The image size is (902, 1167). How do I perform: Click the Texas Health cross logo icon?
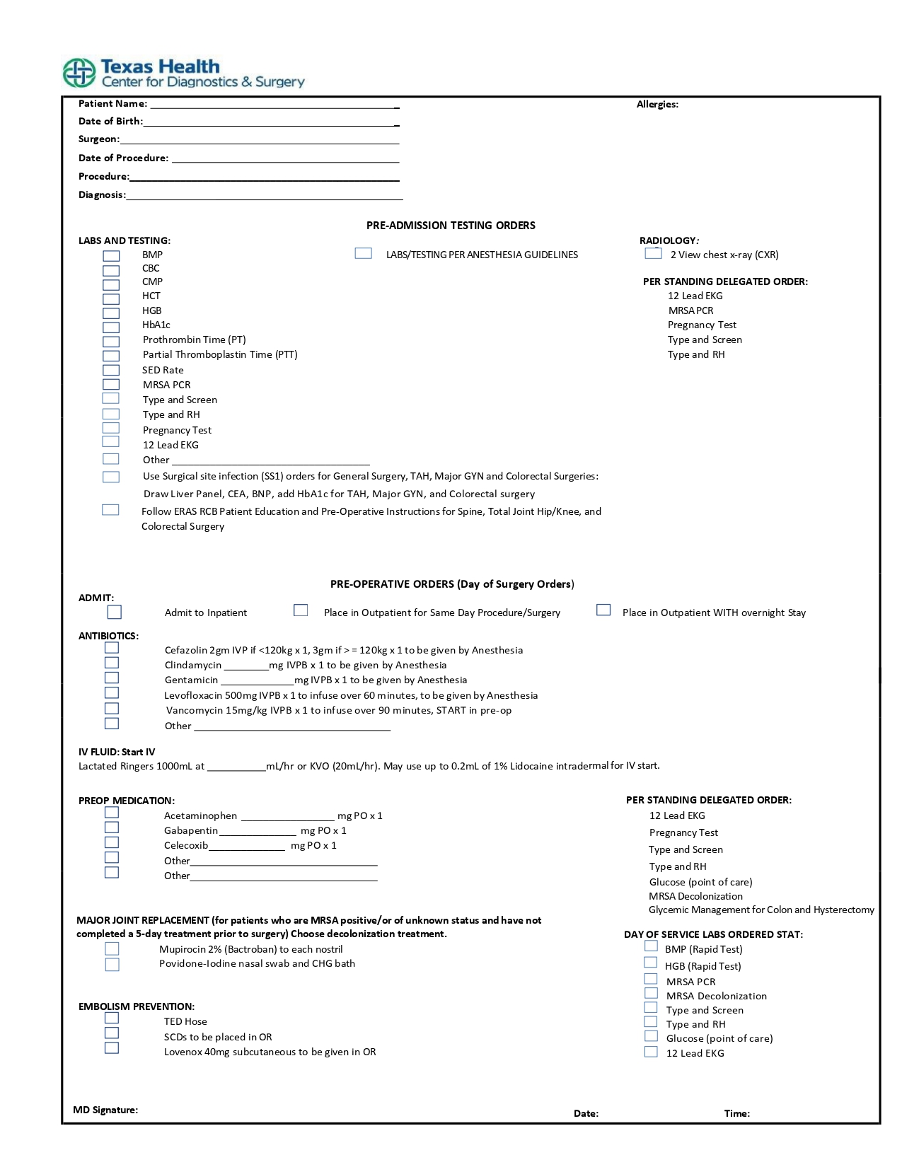click(79, 73)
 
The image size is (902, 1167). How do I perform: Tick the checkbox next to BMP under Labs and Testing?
click(111, 256)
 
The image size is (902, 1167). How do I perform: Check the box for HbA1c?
click(111, 327)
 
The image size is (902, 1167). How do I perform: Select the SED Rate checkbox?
click(111, 370)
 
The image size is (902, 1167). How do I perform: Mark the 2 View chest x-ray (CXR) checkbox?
click(653, 253)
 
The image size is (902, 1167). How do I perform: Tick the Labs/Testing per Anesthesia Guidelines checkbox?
click(363, 253)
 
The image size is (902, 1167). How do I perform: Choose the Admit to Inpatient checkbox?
click(115, 612)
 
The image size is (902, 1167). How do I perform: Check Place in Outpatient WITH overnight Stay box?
click(603, 610)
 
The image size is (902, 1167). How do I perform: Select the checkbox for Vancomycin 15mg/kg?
click(112, 708)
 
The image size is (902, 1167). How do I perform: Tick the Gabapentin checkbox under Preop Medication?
click(112, 828)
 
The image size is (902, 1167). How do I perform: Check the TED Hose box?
click(112, 1018)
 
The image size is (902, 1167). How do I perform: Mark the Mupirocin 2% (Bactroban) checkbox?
click(112, 948)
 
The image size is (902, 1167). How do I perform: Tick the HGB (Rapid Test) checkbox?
click(651, 963)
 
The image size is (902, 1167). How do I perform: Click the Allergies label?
click(657, 105)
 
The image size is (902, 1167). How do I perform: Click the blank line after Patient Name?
click(273, 105)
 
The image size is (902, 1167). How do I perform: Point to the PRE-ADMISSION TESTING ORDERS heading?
click(451, 226)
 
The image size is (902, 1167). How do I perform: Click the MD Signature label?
click(105, 1110)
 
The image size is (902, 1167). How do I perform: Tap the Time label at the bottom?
click(736, 1113)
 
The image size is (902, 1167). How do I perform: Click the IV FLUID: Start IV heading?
click(117, 752)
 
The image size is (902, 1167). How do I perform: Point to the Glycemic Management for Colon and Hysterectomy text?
click(761, 910)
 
